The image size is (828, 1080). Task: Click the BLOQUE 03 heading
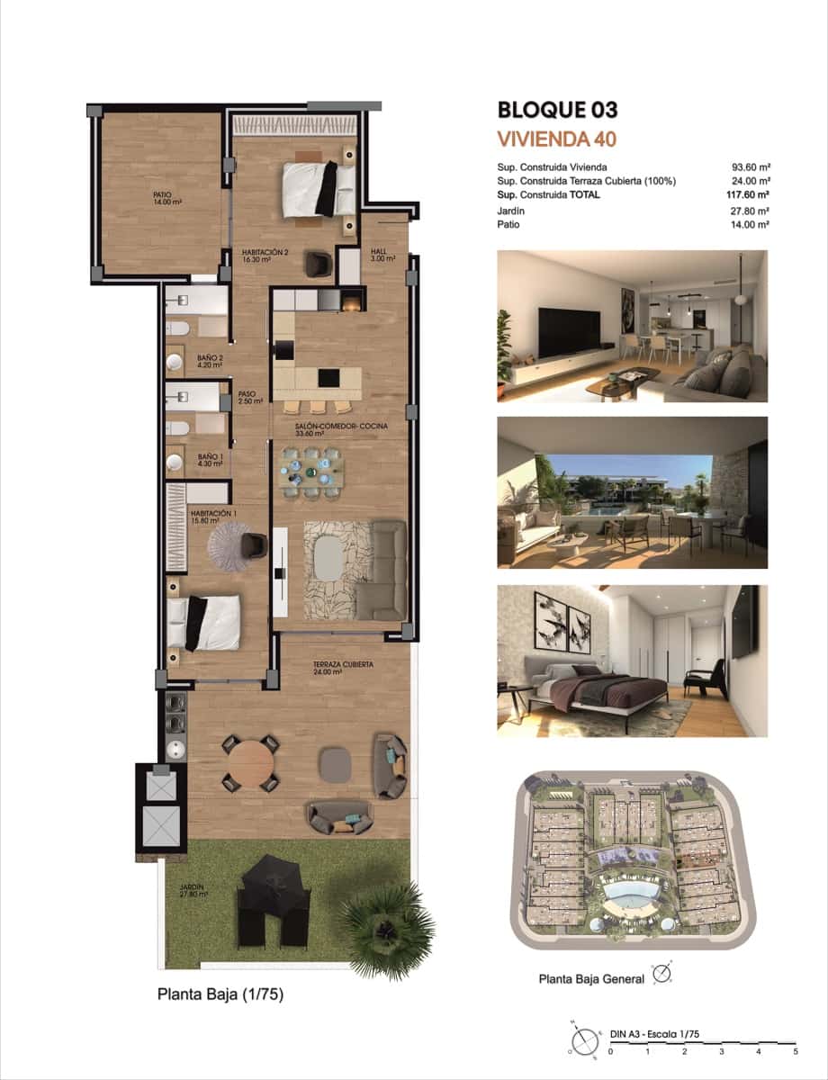pos(557,111)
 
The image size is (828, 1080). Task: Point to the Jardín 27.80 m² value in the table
pos(751,211)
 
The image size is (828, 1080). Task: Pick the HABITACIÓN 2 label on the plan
pos(265,256)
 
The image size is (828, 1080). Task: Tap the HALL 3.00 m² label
pos(378,255)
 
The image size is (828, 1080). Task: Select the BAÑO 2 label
pos(210,361)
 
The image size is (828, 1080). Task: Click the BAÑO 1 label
pos(210,460)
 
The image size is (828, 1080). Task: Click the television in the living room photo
pos(569,332)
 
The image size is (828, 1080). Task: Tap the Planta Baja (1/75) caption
pos(220,994)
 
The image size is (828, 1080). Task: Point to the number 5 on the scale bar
pos(795,1050)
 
